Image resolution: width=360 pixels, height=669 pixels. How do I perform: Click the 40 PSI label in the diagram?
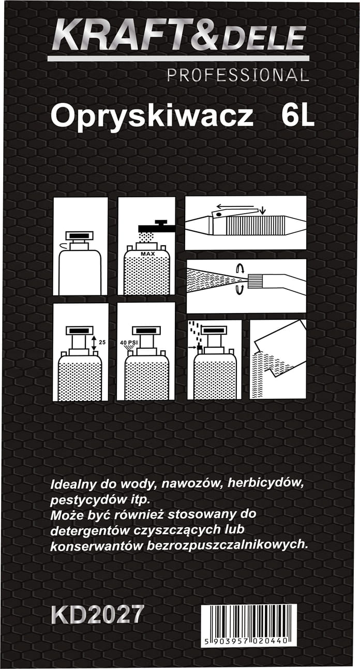(x=128, y=343)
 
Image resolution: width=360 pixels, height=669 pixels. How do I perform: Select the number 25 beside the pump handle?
(x=102, y=343)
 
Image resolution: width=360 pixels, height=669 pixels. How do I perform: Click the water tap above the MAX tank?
(x=157, y=227)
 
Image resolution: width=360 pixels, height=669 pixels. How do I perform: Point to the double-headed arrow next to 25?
(x=94, y=343)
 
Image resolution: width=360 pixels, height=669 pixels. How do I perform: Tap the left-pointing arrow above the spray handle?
(x=236, y=206)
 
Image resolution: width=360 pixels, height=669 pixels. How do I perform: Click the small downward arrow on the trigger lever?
(x=262, y=212)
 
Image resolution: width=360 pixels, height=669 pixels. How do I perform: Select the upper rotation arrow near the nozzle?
(x=239, y=269)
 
